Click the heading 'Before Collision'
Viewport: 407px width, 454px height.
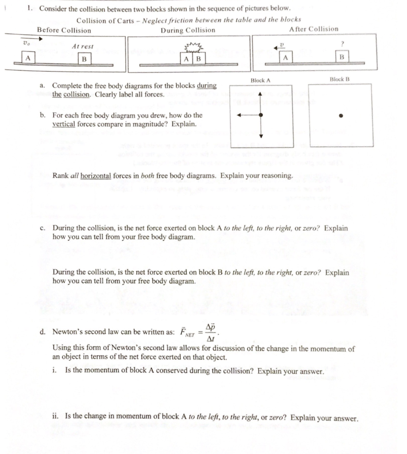coord(64,30)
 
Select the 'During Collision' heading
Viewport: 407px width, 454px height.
coord(188,30)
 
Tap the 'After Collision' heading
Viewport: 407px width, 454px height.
coord(313,29)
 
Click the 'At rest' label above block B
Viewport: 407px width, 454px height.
coord(83,46)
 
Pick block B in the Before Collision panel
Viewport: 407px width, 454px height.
coord(84,59)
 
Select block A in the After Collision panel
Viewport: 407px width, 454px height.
coord(286,57)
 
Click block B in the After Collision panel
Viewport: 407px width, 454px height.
coord(341,57)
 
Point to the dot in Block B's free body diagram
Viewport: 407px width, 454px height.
coord(341,116)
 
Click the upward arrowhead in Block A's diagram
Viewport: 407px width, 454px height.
coord(261,94)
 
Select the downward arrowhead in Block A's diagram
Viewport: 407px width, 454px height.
coord(261,136)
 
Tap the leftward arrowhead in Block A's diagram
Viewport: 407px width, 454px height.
coord(239,115)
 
